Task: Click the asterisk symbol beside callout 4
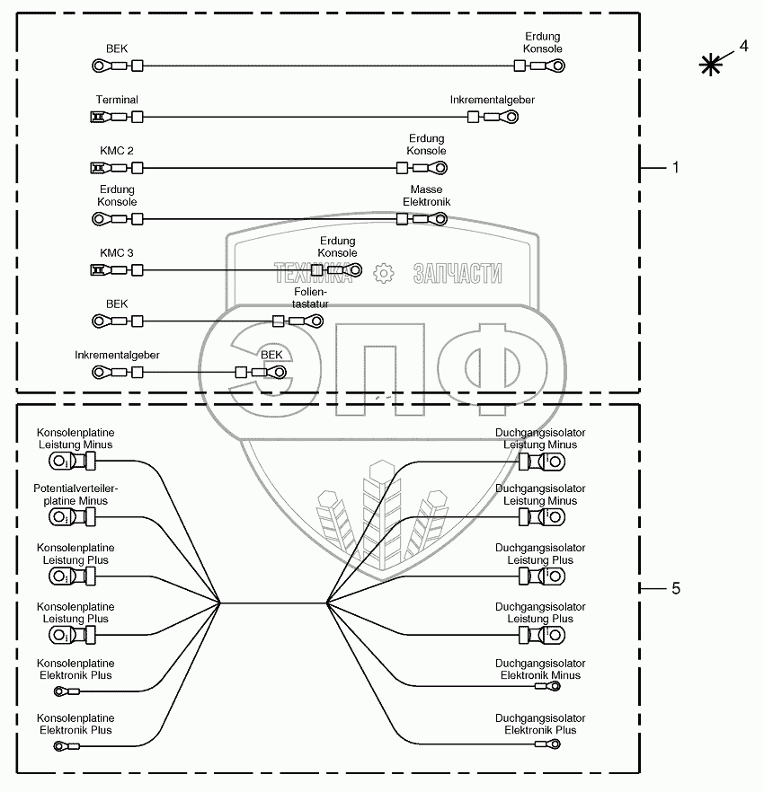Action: click(712, 64)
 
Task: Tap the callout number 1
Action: click(675, 168)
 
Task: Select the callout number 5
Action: click(675, 588)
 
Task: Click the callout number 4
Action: click(742, 46)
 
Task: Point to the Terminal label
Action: click(117, 100)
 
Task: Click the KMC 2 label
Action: click(117, 151)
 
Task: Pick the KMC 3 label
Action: click(117, 253)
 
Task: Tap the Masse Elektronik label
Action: click(426, 197)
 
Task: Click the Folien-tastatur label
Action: click(310, 298)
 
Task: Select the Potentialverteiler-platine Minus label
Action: click(76, 495)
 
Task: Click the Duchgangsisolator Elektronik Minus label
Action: click(540, 669)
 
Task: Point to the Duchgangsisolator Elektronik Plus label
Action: click(540, 725)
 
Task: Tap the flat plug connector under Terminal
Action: click(98, 117)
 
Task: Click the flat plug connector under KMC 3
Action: click(98, 270)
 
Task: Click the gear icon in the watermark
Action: click(384, 273)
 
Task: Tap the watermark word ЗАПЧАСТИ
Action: click(458, 274)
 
